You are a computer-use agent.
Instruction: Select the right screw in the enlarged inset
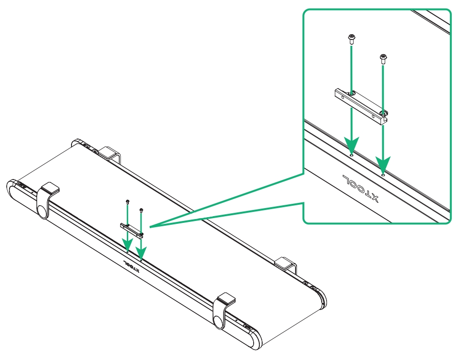(382, 59)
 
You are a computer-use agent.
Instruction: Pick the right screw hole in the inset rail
(383, 174)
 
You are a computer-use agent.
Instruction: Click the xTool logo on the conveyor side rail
(130, 264)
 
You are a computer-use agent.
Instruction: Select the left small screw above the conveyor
(127, 202)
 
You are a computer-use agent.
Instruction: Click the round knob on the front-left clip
(42, 210)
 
